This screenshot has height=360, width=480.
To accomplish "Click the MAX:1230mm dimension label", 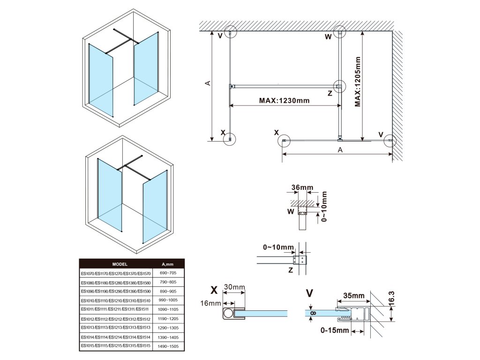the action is point(284,100).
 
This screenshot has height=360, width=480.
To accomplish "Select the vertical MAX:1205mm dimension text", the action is point(358,82).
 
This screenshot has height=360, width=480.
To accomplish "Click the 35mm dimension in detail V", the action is point(353,296).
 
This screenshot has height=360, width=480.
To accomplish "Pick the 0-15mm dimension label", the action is point(335,331).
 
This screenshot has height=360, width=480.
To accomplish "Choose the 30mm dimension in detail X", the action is point(234,287).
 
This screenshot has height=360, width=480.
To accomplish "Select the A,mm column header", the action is point(168,264).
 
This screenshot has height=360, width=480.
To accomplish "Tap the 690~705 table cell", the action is point(168,273).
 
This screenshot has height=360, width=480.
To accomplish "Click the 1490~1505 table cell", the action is point(168,346).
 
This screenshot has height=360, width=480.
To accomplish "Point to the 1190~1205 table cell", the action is point(168,318).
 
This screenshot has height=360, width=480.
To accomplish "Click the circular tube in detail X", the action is point(228,313).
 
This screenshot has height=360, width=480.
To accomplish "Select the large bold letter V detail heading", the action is point(309,293).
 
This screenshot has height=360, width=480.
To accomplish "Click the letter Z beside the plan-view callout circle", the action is point(330,93).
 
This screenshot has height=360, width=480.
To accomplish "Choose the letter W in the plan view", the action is point(328,37).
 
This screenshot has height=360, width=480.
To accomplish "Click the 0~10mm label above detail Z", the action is point(278,247).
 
